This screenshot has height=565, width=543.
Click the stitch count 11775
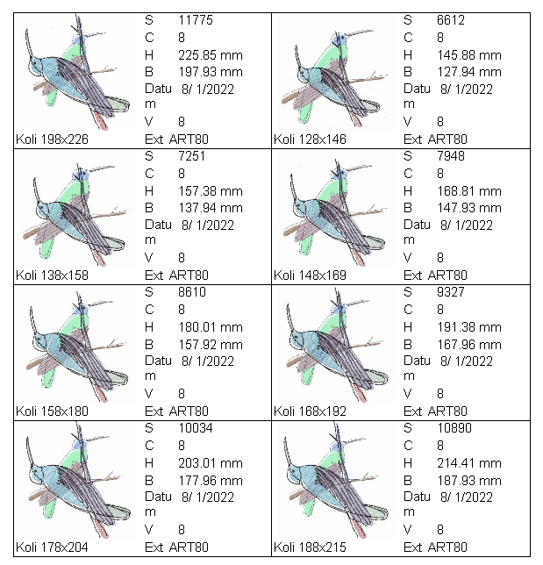coord(196,19)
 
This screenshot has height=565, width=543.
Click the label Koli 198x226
coord(52,139)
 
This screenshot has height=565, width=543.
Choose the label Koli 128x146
coord(311,139)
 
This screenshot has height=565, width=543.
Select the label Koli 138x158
coord(52,275)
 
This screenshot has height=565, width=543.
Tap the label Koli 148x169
coord(311,275)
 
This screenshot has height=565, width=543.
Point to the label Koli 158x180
coord(52,411)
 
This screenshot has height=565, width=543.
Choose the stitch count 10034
coord(196,427)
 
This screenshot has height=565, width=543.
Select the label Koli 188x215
coord(311,547)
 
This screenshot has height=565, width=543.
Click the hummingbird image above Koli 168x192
coord(335,345)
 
